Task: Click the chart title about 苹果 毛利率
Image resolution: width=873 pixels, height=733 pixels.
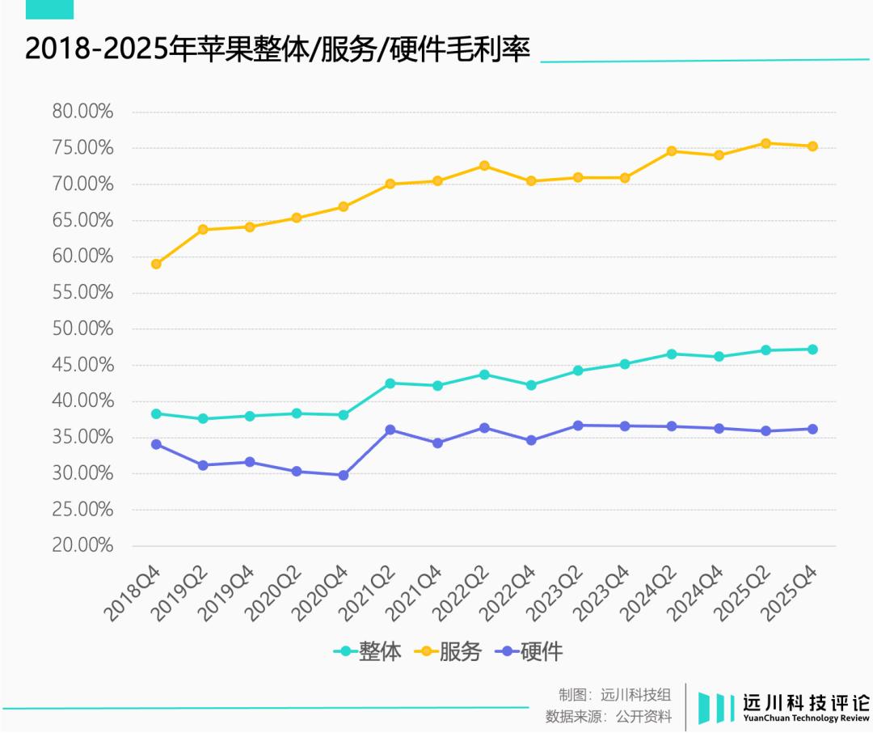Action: pos(277,50)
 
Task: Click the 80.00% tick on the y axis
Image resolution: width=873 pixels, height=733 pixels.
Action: pos(82,112)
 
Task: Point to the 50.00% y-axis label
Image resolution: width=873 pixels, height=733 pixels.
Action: pos(82,328)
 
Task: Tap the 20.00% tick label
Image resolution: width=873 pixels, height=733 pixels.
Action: pos(82,545)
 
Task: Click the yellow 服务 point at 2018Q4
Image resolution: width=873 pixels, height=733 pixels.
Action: pos(156,264)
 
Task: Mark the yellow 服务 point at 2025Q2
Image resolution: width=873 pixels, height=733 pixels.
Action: pos(765,143)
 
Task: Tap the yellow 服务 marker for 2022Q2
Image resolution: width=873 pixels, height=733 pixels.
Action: pos(484,166)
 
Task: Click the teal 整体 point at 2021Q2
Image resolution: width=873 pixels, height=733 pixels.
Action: pos(390,383)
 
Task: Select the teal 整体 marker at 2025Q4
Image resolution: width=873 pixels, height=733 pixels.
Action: pos(812,350)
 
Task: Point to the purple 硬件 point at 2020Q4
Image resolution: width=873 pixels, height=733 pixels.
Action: pos(344,475)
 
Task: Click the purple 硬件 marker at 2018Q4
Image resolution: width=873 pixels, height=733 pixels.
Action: pos(156,444)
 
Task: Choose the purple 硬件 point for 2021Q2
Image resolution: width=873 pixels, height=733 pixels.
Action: pos(390,430)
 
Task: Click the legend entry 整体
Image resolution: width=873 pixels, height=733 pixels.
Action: pos(369,652)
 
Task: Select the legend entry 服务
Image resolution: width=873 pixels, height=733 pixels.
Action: pos(449,652)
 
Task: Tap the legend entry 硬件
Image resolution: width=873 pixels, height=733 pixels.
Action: pos(531,652)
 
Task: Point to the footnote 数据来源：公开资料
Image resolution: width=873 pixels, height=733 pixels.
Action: pos(609,716)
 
